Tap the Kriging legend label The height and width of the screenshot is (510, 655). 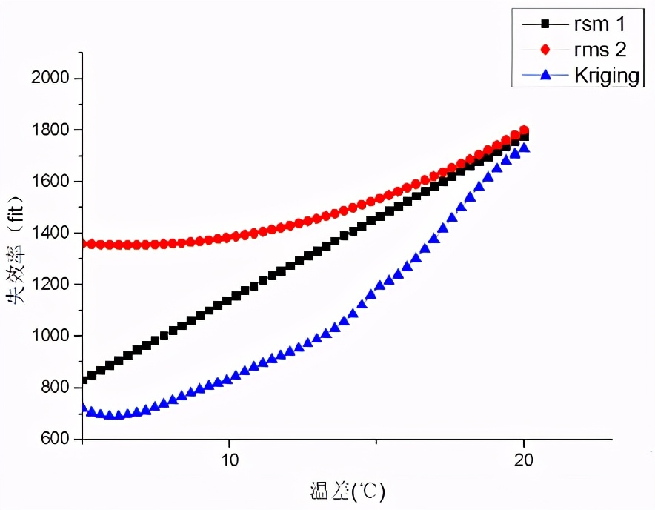(605, 75)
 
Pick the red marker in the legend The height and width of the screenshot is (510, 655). (545, 50)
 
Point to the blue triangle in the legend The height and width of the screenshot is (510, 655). (545, 75)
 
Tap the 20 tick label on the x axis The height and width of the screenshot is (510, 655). (524, 459)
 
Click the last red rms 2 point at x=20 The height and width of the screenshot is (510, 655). (524, 130)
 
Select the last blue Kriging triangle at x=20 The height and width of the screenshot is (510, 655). (524, 148)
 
